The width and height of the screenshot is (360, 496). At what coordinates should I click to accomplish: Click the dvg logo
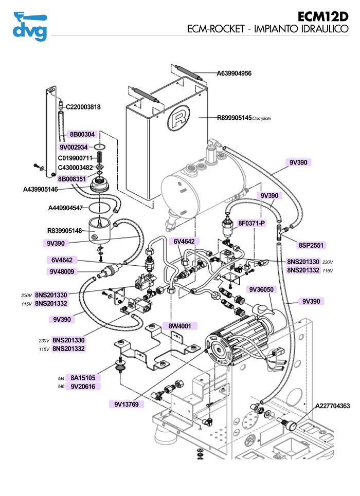click(x=29, y=26)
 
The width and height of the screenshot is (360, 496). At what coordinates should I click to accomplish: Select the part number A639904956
click(x=234, y=74)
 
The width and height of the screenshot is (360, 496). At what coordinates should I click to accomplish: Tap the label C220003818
click(x=83, y=107)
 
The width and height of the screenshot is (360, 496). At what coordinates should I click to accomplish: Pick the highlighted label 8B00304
click(x=82, y=134)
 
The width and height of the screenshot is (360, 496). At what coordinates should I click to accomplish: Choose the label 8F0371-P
click(x=251, y=223)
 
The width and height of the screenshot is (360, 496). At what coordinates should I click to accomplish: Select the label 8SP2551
click(x=313, y=245)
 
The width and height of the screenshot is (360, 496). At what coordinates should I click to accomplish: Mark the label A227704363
click(x=333, y=406)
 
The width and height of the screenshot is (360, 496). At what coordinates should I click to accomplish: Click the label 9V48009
click(x=62, y=271)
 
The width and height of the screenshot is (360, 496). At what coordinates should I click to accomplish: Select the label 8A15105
click(x=83, y=378)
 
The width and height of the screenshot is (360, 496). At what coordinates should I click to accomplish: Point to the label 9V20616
click(x=83, y=387)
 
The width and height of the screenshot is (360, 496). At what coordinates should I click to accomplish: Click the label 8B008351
click(x=72, y=179)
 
